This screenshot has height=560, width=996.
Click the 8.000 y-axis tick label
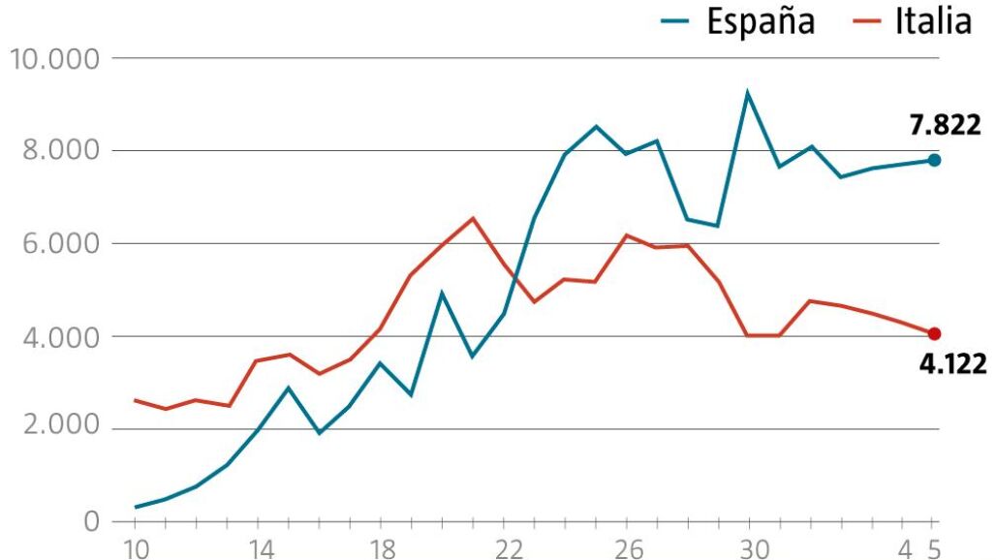61,151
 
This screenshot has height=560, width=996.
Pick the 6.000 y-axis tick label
61,244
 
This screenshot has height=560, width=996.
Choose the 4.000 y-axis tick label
61,337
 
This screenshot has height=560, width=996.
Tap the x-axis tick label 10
134,548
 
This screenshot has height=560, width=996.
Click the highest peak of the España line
748,93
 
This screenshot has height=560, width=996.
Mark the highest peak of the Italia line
473,218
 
